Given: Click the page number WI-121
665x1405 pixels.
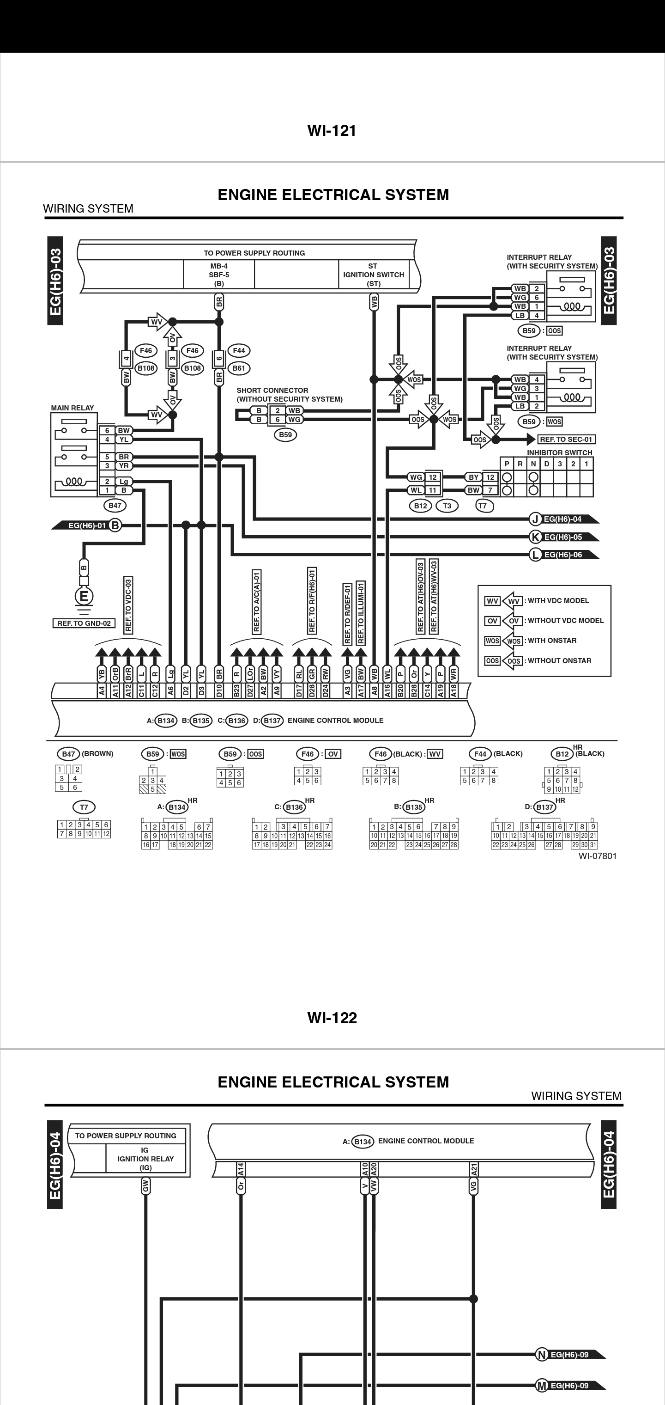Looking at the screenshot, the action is pyautogui.click(x=332, y=131).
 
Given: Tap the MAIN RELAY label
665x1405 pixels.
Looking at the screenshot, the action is pyautogui.click(x=73, y=408).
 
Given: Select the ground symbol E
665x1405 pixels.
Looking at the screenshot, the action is pyautogui.click(x=84, y=596).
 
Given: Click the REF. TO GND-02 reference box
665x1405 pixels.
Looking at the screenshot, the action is pyautogui.click(x=84, y=623).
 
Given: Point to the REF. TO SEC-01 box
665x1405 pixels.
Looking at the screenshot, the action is pyautogui.click(x=566, y=439).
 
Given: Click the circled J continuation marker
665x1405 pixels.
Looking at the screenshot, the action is pyautogui.click(x=535, y=519).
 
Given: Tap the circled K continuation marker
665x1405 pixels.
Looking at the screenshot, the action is pyautogui.click(x=535, y=537).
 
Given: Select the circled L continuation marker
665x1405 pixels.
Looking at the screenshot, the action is pyautogui.click(x=535, y=555).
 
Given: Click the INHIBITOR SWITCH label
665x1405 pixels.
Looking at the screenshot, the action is pyautogui.click(x=559, y=453).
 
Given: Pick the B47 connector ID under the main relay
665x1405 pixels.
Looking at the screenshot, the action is pyautogui.click(x=115, y=506).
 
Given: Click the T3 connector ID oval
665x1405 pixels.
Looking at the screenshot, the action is pyautogui.click(x=447, y=506).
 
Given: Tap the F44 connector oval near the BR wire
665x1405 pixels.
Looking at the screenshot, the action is pyautogui.click(x=239, y=351).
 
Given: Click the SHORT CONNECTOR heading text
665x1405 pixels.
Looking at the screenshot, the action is pyautogui.click(x=272, y=391).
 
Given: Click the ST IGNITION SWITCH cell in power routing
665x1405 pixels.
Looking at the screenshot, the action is pyautogui.click(x=374, y=275).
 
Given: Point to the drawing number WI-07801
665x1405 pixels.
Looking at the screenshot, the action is pyautogui.click(x=598, y=856).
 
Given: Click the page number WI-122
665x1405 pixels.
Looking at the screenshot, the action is pyautogui.click(x=332, y=1018).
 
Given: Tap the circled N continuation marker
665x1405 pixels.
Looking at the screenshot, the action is pyautogui.click(x=541, y=1355).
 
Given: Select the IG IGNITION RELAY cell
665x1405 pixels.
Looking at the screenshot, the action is pyautogui.click(x=145, y=1159).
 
